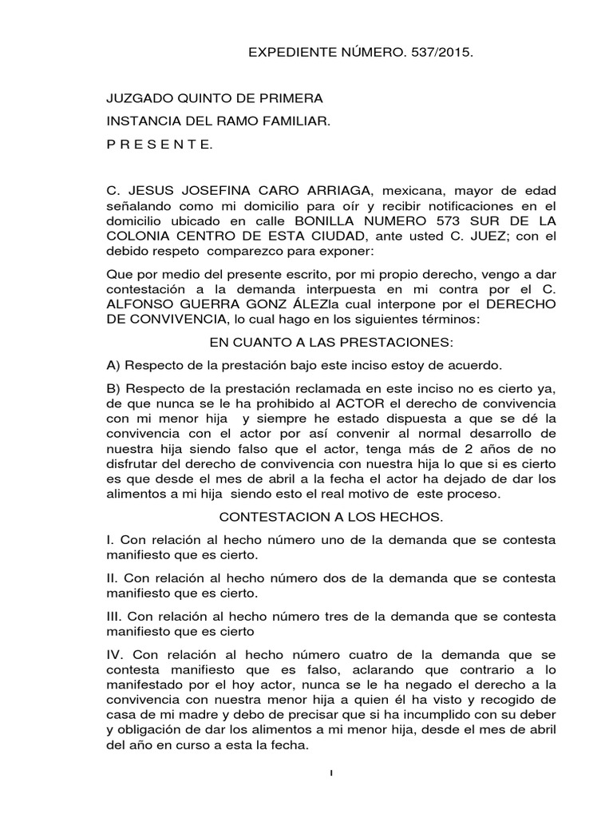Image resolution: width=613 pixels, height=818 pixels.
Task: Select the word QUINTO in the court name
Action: [x=209, y=98]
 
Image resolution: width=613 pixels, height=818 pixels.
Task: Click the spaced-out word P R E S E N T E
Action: [x=160, y=145]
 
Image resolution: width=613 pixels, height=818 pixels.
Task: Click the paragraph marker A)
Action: [x=113, y=365]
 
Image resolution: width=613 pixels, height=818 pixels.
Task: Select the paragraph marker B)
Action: [x=113, y=387]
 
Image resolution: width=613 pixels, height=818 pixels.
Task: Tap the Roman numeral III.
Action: [x=115, y=617]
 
